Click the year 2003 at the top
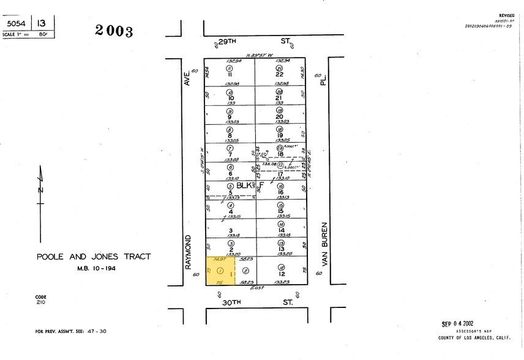pyautogui.click(x=114, y=31)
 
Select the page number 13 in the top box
pyautogui.click(x=42, y=23)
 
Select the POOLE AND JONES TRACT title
pyautogui.click(x=93, y=257)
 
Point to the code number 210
pyautogui.click(x=40, y=302)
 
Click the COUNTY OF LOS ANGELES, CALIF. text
pyautogui.click(x=474, y=337)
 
